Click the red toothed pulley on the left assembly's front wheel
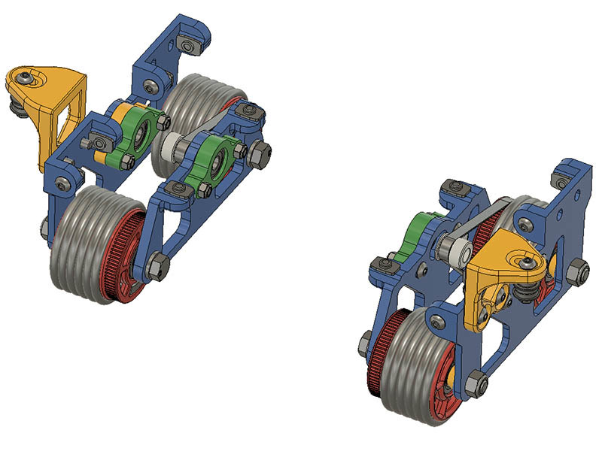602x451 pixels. [129, 259]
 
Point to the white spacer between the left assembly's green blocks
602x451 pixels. [166, 146]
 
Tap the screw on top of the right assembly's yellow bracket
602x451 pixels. [531, 262]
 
